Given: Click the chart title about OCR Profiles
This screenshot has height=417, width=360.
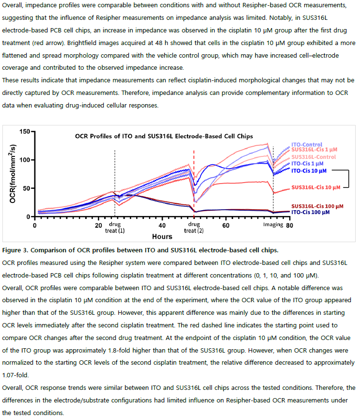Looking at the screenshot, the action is click(x=164, y=136).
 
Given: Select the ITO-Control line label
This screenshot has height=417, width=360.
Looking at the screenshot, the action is click(x=307, y=144).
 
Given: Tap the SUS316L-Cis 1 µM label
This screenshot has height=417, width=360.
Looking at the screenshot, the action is click(x=314, y=150).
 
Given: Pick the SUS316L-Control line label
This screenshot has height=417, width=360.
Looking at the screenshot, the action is click(x=313, y=157).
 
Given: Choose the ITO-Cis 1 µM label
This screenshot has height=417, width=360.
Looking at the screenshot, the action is click(x=307, y=164).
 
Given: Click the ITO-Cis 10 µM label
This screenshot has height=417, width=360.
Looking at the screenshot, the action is click(x=309, y=171).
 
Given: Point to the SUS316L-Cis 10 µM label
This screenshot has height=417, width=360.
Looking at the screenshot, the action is click(x=316, y=187).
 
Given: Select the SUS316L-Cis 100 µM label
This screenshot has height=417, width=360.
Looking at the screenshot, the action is click(x=317, y=206).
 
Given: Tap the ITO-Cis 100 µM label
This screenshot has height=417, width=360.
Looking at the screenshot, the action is click(x=310, y=212).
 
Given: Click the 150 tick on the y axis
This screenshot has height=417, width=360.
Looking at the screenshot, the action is click(x=25, y=131).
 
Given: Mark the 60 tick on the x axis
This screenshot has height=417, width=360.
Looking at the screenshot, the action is click(x=226, y=226).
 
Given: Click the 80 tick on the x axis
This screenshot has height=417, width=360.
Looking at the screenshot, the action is click(x=289, y=226).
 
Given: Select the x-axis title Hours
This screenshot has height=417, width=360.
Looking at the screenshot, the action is click(x=162, y=236).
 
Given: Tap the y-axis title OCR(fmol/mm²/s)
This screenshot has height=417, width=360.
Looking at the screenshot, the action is click(x=13, y=174).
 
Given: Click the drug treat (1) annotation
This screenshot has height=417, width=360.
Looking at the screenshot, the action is click(x=115, y=227).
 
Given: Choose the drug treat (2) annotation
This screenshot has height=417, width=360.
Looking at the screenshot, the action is click(x=194, y=227).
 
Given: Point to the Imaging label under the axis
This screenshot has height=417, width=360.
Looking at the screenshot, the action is click(x=273, y=224).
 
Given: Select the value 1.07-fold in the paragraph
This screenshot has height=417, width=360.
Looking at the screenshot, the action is click(x=15, y=375).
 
